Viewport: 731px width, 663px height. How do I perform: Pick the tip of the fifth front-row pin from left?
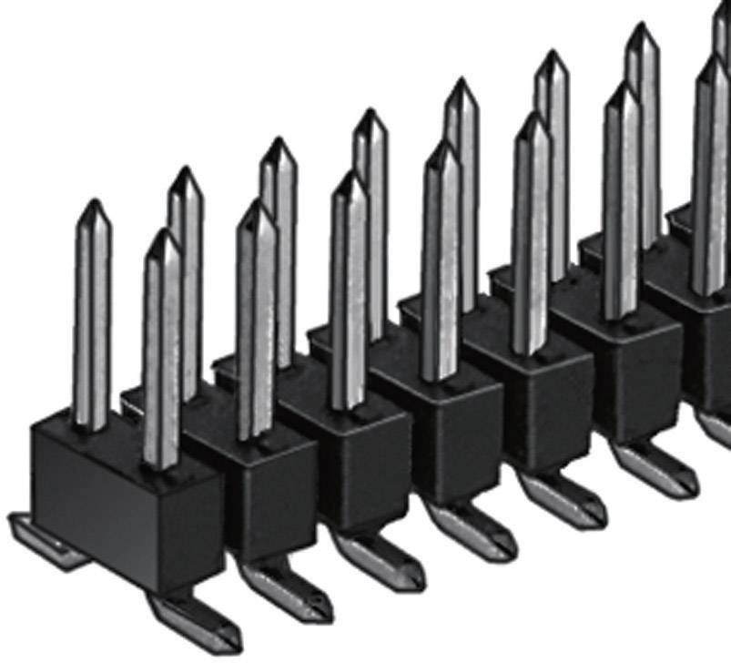point(532,117)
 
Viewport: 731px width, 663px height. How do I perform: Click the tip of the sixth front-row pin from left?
point(623,87)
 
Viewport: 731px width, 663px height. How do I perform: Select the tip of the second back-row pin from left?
point(185,171)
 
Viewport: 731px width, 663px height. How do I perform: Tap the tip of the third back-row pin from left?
point(277,142)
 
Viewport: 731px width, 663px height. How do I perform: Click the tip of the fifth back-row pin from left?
point(462,83)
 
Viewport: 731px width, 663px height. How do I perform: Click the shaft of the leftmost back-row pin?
point(92,319)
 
